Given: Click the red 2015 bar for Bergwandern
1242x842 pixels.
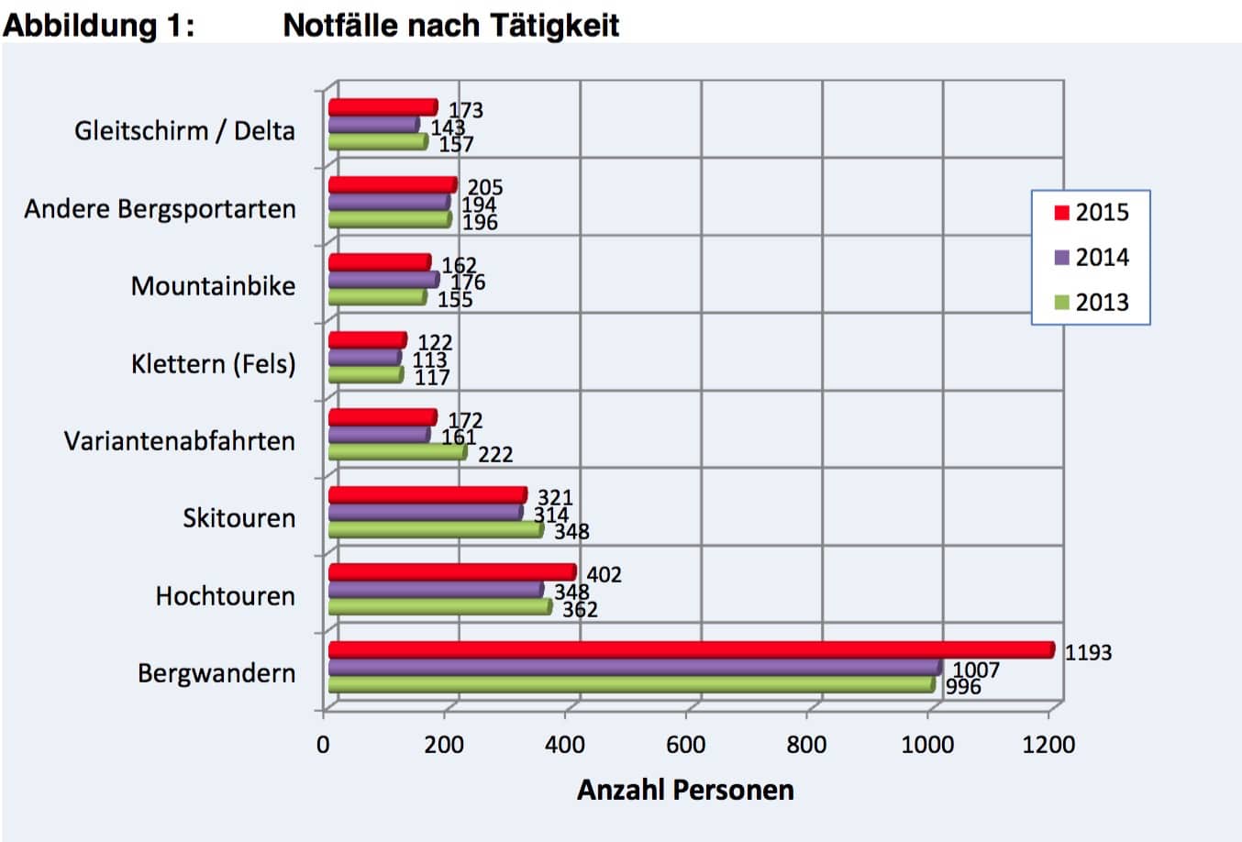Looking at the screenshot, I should [x=688, y=650].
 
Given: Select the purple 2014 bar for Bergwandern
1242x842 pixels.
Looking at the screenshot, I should [x=633, y=667].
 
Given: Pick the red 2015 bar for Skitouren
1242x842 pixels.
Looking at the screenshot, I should [x=427, y=495].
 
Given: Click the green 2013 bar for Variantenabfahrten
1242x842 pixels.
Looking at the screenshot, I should [x=396, y=451].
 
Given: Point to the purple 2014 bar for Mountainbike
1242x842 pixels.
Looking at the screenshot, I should [x=383, y=280].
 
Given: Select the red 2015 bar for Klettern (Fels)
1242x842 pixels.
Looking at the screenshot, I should [x=366, y=340].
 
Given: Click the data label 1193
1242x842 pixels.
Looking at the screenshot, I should [x=1088, y=653].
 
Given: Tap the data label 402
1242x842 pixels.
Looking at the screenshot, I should [x=604, y=575].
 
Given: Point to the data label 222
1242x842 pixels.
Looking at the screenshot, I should [x=495, y=455].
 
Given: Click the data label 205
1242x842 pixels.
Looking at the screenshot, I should [x=485, y=188].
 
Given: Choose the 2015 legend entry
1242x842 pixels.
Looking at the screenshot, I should [x=1092, y=213].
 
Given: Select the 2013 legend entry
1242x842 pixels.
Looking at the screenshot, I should [x=1092, y=302].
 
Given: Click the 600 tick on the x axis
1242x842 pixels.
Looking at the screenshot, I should [x=686, y=744].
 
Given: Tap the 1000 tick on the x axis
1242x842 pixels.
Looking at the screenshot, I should [x=927, y=744].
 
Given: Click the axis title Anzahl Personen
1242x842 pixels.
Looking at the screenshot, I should [x=685, y=790].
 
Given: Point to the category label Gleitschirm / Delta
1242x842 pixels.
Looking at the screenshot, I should [x=184, y=130].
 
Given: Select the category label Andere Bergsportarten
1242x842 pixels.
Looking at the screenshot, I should [x=160, y=209].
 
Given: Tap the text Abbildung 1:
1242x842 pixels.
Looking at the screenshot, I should [x=98, y=25].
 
